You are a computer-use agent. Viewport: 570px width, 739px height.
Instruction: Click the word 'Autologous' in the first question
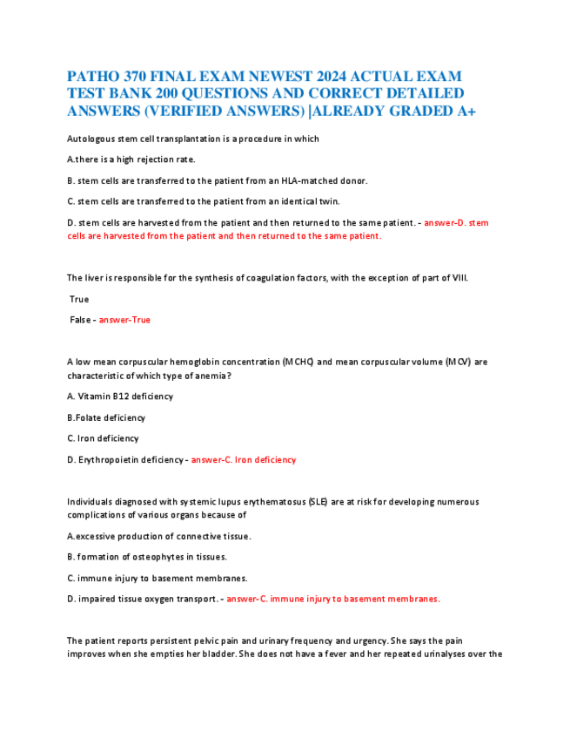(91, 139)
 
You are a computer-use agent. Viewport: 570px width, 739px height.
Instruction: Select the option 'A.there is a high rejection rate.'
(131, 159)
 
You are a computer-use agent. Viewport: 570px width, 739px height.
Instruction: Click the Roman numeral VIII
(458, 278)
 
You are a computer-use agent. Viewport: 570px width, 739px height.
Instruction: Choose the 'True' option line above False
(79, 299)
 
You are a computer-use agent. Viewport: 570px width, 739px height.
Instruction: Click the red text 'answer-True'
(124, 320)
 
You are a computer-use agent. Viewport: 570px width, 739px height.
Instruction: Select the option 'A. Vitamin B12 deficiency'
(120, 396)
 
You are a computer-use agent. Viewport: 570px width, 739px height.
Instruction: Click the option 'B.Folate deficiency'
(106, 417)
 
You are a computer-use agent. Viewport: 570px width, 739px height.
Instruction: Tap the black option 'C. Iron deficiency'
(103, 438)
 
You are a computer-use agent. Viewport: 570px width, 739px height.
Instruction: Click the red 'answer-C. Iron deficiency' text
(244, 459)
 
